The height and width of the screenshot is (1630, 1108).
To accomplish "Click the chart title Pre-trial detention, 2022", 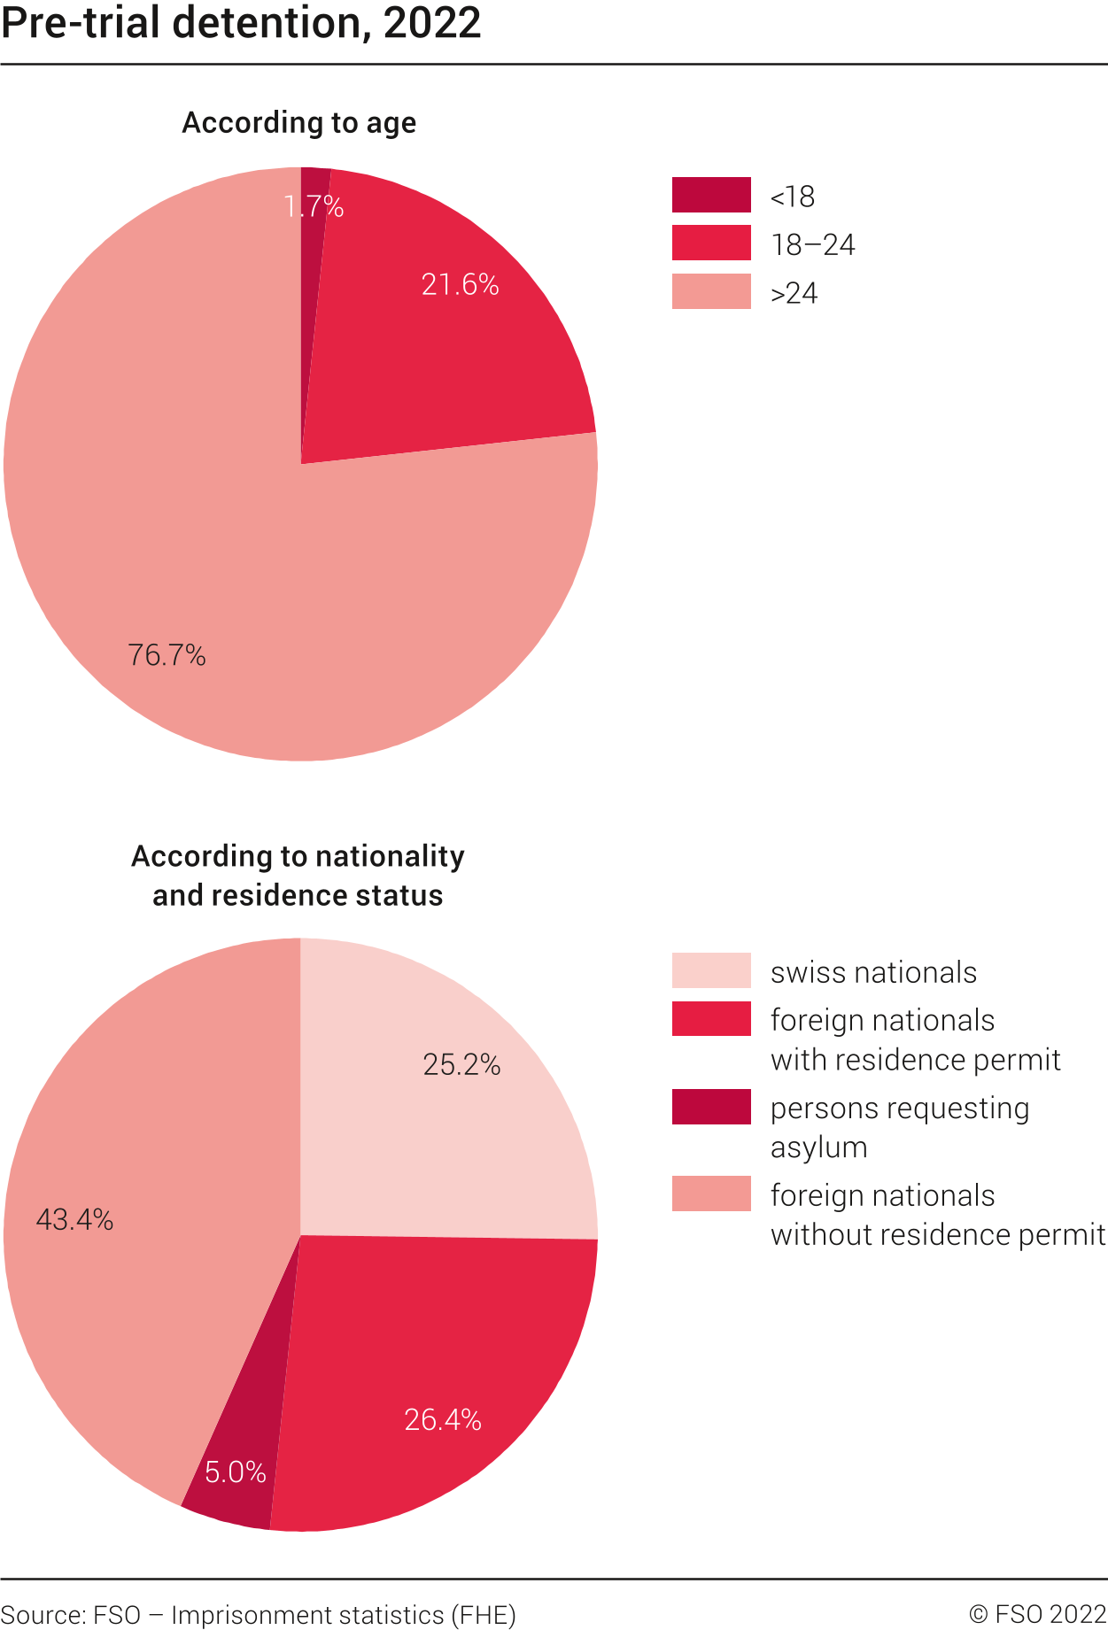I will pyautogui.click(x=241, y=23).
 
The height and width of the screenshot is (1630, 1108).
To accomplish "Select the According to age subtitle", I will pyautogui.click(x=298, y=122).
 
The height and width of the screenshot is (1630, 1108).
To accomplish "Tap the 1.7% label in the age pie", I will pyautogui.click(x=314, y=206).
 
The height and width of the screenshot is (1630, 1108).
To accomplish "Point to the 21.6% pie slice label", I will pyautogui.click(x=460, y=284).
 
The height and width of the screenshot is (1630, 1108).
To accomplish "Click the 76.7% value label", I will pyautogui.click(x=167, y=655).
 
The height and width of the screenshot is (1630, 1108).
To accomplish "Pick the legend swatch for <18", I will pyautogui.click(x=711, y=195).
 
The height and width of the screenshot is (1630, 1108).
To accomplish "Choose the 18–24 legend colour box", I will pyautogui.click(x=711, y=243).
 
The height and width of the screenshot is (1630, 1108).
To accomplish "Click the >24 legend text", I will pyautogui.click(x=794, y=293).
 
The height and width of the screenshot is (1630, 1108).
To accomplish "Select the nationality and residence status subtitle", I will pyautogui.click(x=298, y=876).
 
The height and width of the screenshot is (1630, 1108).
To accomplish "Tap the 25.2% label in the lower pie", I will pyautogui.click(x=461, y=1064).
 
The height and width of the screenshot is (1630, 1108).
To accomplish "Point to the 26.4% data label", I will pyautogui.click(x=443, y=1419).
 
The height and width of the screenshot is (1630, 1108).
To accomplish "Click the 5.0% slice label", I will pyautogui.click(x=235, y=1472).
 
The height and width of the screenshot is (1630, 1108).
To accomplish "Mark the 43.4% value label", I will pyautogui.click(x=74, y=1220).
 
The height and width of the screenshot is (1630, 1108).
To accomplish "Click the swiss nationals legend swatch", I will pyautogui.click(x=711, y=970).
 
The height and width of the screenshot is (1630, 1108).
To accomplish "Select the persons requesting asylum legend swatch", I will pyautogui.click(x=711, y=1107).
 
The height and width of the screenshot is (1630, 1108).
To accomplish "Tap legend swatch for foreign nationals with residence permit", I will pyautogui.click(x=711, y=1019).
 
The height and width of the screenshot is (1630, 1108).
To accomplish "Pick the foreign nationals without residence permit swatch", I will pyautogui.click(x=711, y=1194).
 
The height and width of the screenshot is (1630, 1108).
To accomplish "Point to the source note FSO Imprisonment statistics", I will pyautogui.click(x=258, y=1615).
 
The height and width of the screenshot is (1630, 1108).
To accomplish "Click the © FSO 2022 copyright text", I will pyautogui.click(x=1037, y=1615).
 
